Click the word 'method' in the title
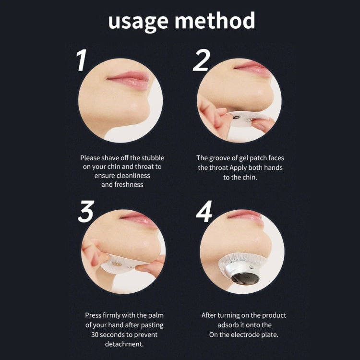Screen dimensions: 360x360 [215, 21]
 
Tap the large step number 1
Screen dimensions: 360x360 [82, 60]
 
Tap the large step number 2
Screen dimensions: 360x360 [202, 60]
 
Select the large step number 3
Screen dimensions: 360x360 [85, 212]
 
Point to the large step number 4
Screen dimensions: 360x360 [204, 212]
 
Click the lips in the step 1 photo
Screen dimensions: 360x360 [129, 80]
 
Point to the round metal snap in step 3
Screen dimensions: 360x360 [117, 264]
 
